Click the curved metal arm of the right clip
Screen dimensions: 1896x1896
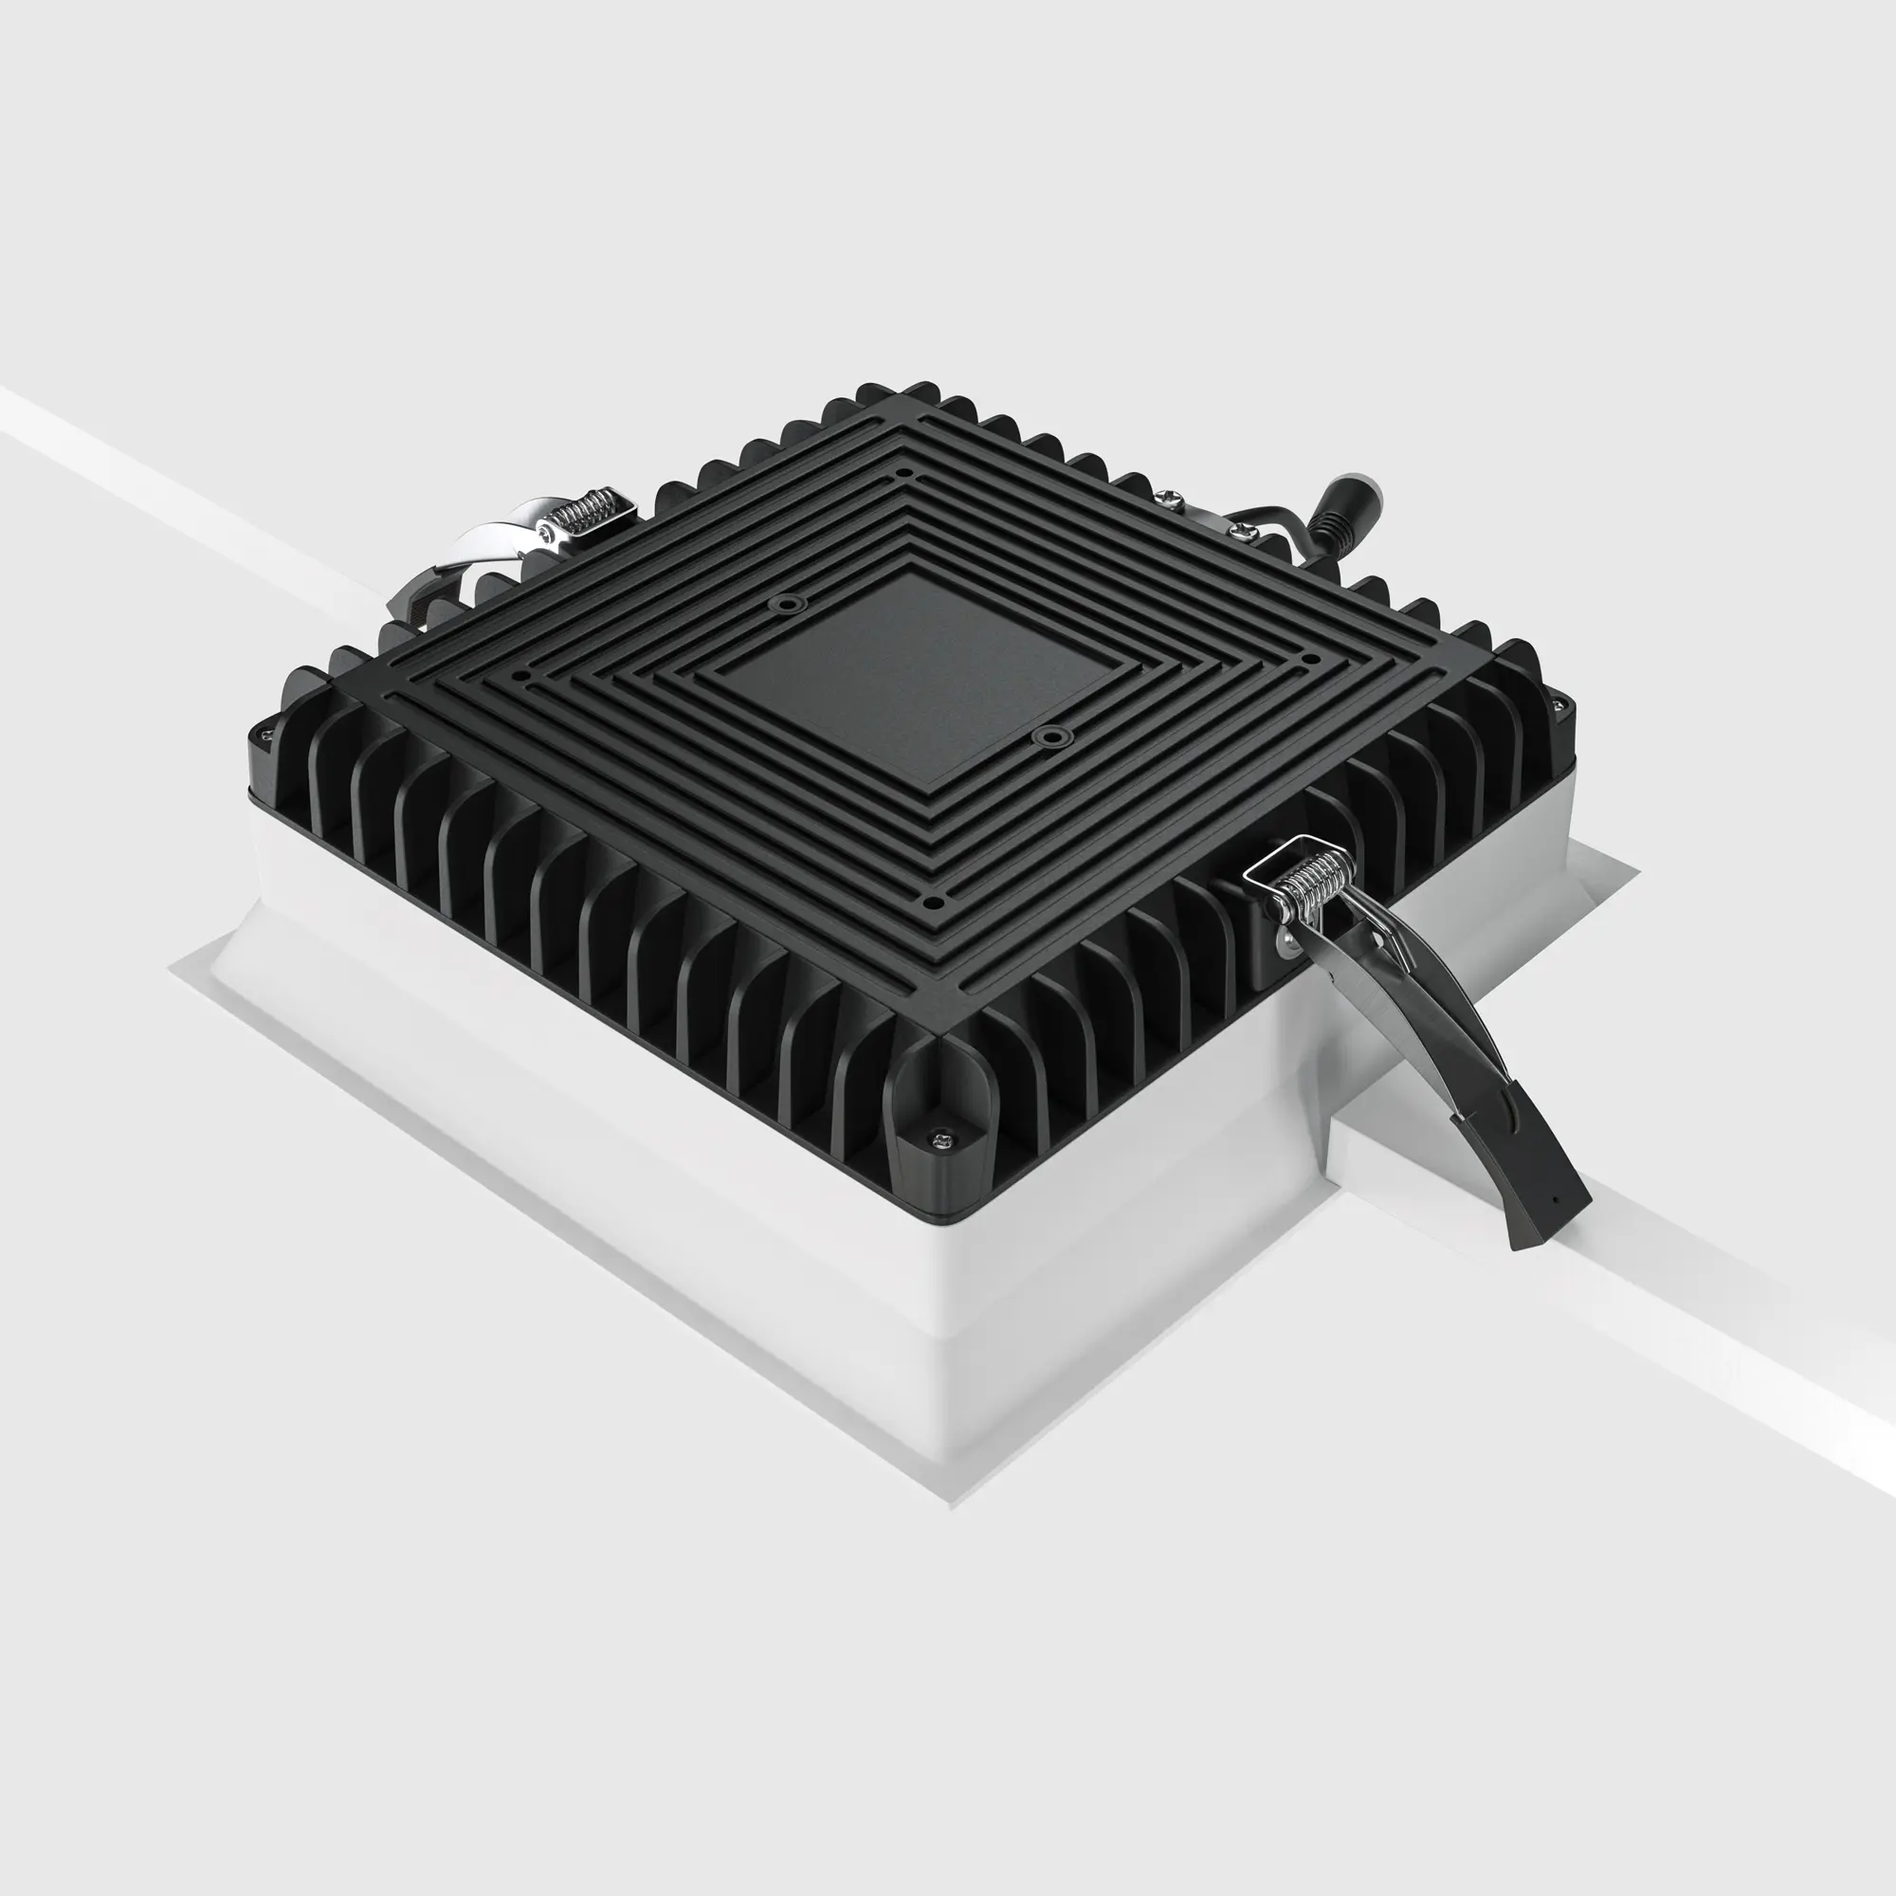(1413, 1011)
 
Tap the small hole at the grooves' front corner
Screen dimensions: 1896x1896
(935, 902)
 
